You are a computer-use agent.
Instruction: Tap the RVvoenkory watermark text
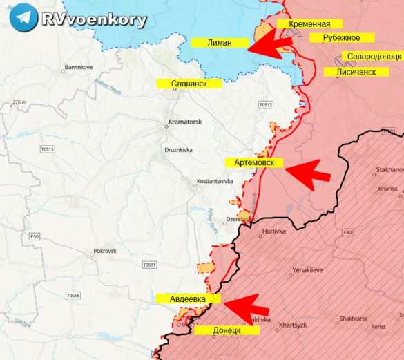click(x=94, y=19)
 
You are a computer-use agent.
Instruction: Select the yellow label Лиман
click(x=219, y=43)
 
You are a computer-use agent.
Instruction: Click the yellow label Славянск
click(x=189, y=84)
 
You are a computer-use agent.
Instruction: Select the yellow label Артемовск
click(x=254, y=162)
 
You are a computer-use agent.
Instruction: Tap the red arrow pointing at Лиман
click(x=270, y=46)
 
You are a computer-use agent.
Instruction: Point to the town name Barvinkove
click(x=78, y=67)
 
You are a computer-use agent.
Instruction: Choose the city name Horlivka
click(x=274, y=232)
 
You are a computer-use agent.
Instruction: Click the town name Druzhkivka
click(x=177, y=149)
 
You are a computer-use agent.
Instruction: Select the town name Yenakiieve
click(x=307, y=270)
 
